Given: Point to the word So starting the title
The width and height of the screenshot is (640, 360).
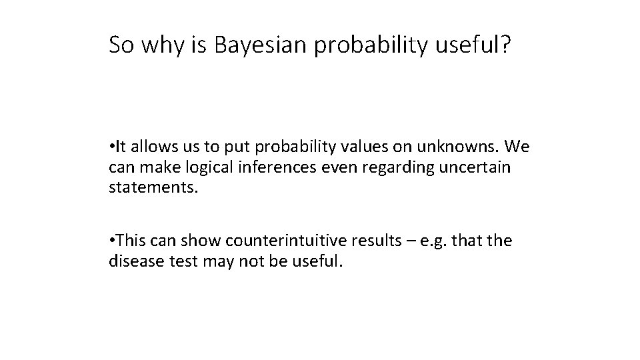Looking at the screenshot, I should click(122, 45).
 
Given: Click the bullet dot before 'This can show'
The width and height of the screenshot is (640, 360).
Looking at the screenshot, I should click(112, 241).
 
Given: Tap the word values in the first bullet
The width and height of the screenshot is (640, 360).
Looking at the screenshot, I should click(357, 147).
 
